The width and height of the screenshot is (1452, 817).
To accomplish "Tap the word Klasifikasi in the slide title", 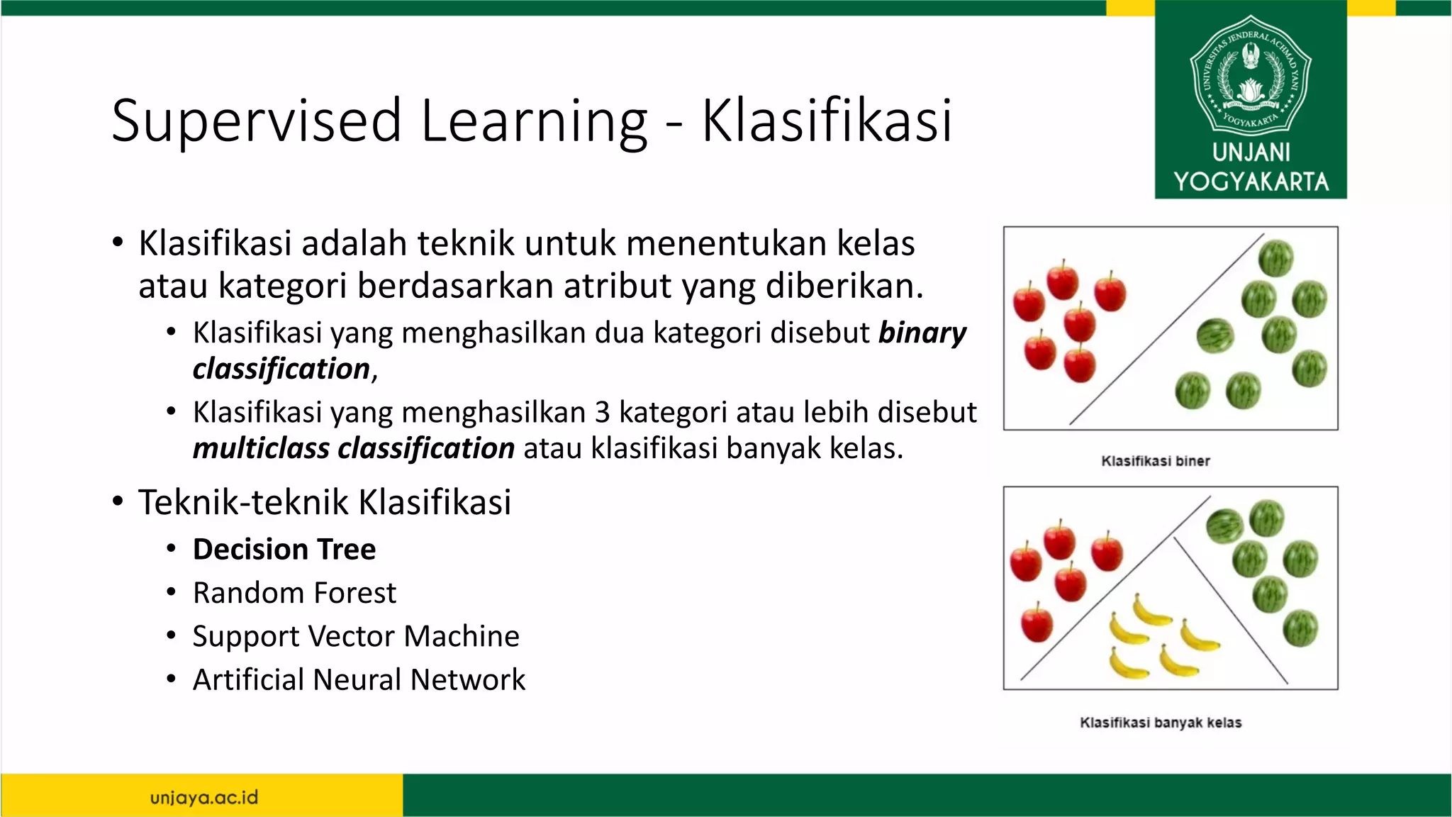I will [827, 121].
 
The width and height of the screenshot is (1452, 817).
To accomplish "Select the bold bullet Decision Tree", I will [284, 550].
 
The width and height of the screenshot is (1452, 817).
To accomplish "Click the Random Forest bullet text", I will [294, 593].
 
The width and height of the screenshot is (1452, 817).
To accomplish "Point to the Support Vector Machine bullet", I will [356, 636].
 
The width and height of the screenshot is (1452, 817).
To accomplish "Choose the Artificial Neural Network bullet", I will [359, 679].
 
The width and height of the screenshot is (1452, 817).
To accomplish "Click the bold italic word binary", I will [922, 333].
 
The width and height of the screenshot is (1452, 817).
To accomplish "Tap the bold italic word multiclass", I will [261, 448].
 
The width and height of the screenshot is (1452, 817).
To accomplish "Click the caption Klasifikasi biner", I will [1155, 461].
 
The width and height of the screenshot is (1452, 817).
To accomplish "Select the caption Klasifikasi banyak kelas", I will [1160, 723].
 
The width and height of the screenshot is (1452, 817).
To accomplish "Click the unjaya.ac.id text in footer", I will [204, 797].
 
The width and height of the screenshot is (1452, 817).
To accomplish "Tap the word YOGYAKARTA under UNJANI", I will [1251, 182].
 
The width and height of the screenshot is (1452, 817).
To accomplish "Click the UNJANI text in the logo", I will [1251, 152].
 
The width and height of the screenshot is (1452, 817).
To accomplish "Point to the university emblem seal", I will [1251, 74].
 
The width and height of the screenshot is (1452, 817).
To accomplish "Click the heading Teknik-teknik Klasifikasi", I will [324, 502].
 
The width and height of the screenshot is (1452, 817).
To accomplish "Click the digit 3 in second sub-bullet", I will [602, 413].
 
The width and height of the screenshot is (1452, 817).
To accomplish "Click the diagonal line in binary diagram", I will [1166, 330].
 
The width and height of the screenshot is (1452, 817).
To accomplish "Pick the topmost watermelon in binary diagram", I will [1275, 258].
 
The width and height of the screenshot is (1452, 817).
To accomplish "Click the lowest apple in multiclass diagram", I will [1037, 623].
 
